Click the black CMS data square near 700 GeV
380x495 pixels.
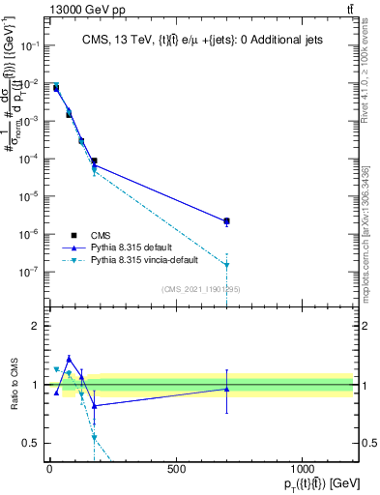[x=226, y=221]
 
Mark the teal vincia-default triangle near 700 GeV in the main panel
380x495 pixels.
[x=226, y=265]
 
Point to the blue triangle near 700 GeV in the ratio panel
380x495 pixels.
[x=226, y=389]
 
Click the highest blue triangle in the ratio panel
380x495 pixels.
[x=69, y=358]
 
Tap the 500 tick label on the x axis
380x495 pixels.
[x=176, y=471]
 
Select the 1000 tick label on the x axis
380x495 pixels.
[x=302, y=471]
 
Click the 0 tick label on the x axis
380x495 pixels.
[x=49, y=471]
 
